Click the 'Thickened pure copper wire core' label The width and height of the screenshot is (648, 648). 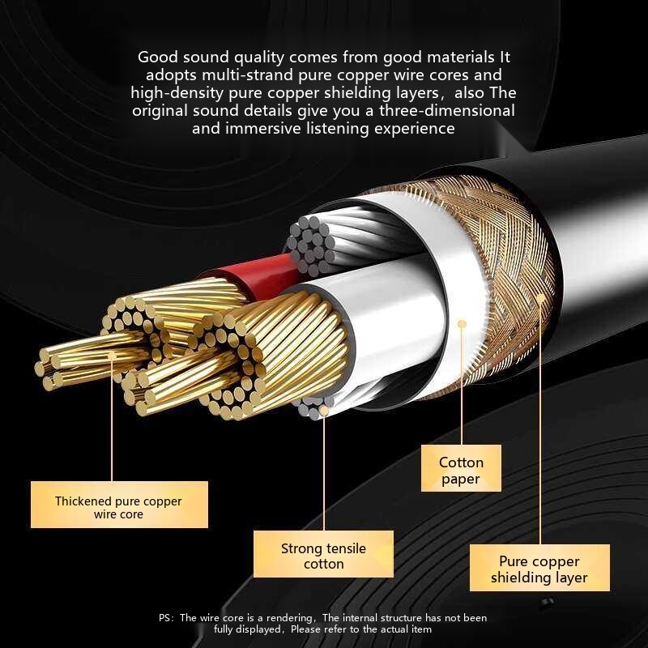point(119,507)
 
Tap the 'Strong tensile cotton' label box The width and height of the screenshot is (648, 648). point(323,556)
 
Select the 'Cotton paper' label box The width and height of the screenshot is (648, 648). point(461,471)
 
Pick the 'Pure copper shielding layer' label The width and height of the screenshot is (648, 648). point(539,569)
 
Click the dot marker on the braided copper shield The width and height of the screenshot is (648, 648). point(541,298)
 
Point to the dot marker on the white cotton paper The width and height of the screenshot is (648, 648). point(462,324)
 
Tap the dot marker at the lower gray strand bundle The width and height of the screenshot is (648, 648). point(324,411)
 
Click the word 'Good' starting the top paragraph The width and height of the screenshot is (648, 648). point(155,58)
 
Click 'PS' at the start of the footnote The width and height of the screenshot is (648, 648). point(165,618)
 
